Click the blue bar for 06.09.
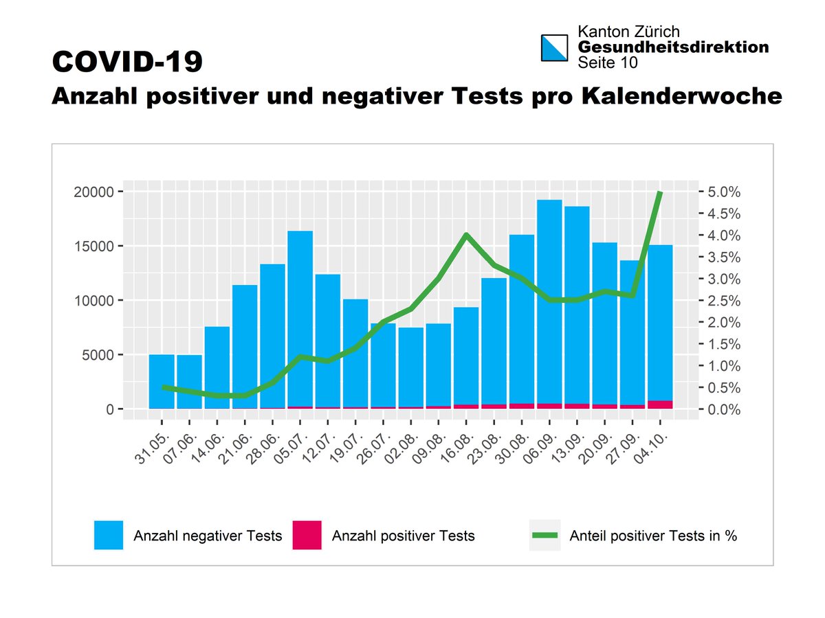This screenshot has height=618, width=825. [x=549, y=302]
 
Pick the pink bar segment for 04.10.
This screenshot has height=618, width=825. [x=660, y=404]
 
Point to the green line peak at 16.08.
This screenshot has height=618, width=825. [x=466, y=235]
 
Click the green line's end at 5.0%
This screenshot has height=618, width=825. [x=660, y=192]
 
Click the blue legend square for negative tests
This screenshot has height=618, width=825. [x=109, y=536]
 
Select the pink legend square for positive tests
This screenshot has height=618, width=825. [x=307, y=536]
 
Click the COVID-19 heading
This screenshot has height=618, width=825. [x=128, y=62]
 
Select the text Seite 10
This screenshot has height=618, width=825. [x=607, y=62]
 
